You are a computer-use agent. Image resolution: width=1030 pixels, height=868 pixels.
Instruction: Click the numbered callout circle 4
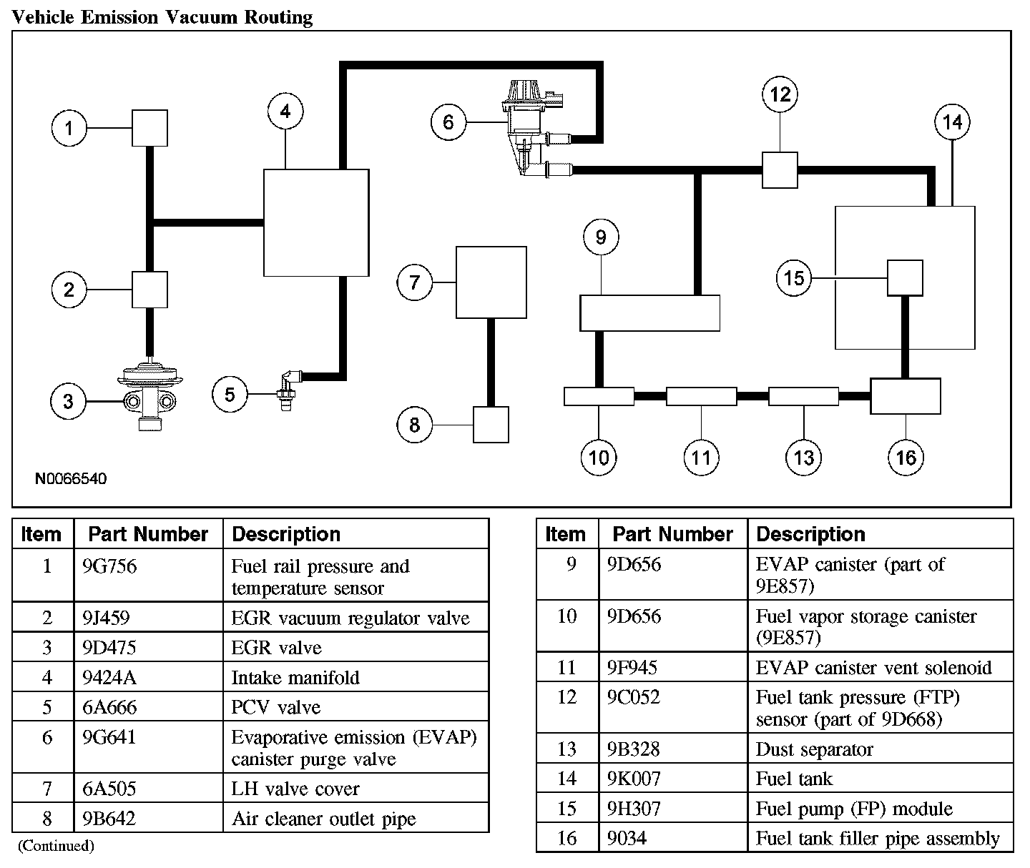(x=285, y=112)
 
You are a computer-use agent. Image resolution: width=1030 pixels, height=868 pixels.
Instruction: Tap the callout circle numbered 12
(x=780, y=94)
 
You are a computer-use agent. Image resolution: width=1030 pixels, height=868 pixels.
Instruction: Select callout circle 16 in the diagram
(x=906, y=457)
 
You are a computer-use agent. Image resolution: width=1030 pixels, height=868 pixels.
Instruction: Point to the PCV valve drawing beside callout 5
(x=288, y=390)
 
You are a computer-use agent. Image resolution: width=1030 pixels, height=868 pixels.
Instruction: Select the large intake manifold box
(x=316, y=222)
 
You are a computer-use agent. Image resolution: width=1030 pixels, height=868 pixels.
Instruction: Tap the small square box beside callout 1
(x=149, y=128)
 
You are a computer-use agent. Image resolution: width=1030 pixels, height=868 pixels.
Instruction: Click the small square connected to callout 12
(x=780, y=169)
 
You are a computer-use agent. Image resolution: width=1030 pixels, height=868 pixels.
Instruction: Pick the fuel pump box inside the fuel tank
(x=905, y=277)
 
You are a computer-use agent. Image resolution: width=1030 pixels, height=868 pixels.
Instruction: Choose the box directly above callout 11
(x=701, y=396)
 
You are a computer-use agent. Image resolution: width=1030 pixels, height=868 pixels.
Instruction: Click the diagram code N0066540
(x=71, y=478)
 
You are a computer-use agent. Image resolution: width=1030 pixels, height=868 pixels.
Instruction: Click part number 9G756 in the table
(x=109, y=566)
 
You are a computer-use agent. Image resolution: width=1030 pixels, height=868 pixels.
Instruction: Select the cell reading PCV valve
(x=276, y=707)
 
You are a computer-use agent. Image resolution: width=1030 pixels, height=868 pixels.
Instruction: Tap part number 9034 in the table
(x=627, y=838)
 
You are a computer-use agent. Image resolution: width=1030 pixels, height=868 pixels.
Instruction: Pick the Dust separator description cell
(x=815, y=749)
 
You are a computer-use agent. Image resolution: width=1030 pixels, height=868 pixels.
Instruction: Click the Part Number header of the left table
(x=148, y=534)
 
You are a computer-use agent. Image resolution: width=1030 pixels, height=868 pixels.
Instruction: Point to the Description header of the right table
(x=810, y=534)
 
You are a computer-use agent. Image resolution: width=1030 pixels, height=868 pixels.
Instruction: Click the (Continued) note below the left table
(x=56, y=846)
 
